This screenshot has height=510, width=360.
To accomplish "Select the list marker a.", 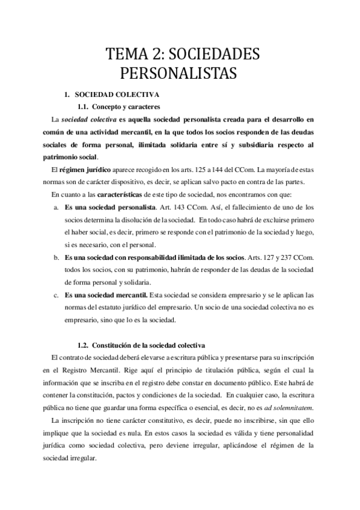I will (x=56, y=207).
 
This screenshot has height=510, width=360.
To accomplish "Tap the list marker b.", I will (x=56, y=257).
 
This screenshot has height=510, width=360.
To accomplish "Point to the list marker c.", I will (x=56, y=295).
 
